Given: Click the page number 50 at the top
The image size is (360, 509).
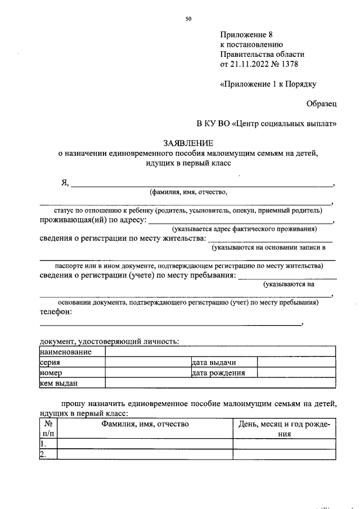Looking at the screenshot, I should pos(188,19).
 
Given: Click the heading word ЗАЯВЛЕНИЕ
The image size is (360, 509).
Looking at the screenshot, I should pos(188,143).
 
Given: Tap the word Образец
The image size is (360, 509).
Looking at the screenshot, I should pos(322,103).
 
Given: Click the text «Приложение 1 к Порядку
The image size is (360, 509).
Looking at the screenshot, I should pos(268,84).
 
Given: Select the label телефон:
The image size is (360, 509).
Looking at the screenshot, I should pos(56,312).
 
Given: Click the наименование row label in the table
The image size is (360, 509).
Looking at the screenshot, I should pos(65,352).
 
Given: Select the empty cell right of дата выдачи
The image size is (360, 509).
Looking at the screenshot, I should pos(296,362).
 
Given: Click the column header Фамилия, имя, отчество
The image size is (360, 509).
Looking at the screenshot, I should pos(145,424).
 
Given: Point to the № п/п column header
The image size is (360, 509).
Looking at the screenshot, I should pos(48,429).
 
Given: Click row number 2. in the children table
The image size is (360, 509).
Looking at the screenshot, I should pos(43,454).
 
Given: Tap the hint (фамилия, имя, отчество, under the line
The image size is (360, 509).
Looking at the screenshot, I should pos(188,192).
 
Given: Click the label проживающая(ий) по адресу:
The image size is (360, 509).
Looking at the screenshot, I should pos(93,220).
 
